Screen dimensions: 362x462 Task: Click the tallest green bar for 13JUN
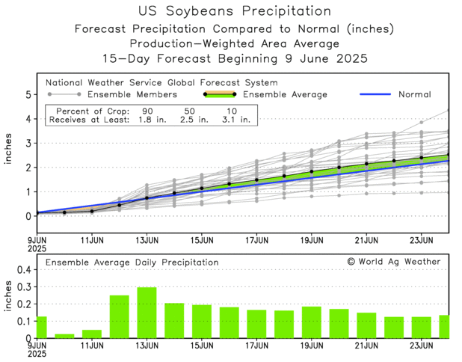click(x=147, y=313)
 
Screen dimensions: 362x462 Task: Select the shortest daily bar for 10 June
click(x=64, y=336)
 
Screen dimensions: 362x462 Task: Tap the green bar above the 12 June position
click(x=120, y=316)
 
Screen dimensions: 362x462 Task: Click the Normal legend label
click(x=416, y=94)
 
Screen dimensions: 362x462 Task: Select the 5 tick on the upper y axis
click(x=28, y=95)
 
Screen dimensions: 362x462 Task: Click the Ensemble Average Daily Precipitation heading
click(x=132, y=263)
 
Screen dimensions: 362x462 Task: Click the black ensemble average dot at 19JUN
click(x=312, y=172)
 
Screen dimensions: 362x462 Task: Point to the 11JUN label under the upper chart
click(x=91, y=240)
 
